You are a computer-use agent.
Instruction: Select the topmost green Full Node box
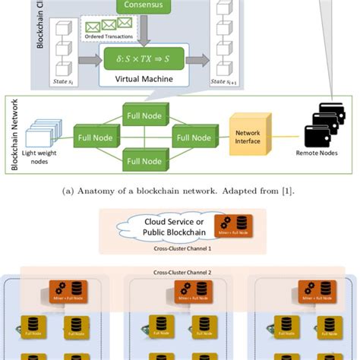click(144, 115)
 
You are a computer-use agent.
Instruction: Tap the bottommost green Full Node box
click(144, 161)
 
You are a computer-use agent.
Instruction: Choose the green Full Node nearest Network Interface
click(193, 138)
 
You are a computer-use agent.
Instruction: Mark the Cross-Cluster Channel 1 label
click(182, 248)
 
